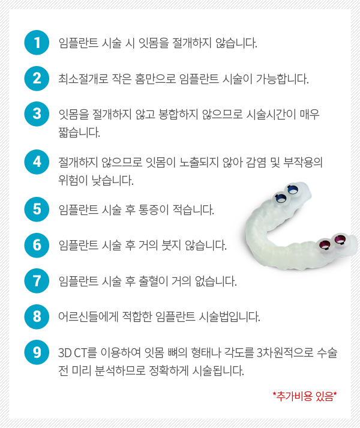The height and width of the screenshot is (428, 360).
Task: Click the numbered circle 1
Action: pyautogui.click(x=37, y=43)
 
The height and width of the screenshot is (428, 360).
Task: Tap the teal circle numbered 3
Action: pyautogui.click(x=37, y=114)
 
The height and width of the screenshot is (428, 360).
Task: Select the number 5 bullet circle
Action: pyautogui.click(x=37, y=209)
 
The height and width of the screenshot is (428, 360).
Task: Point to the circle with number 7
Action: pyautogui.click(x=37, y=281)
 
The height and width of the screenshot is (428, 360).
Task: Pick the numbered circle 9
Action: pyautogui.click(x=37, y=352)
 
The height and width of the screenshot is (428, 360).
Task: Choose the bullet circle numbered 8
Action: pyautogui.click(x=37, y=316)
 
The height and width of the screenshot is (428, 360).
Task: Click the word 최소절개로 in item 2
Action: pyautogui.click(x=83, y=79)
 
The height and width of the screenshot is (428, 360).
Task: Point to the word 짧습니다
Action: pyautogui.click(x=79, y=132)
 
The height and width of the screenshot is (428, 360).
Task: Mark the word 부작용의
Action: pyautogui.click(x=303, y=162)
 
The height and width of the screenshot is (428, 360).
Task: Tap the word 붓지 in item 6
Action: pyautogui.click(x=171, y=245)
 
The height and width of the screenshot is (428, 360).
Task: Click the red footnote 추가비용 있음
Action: pyautogui.click(x=305, y=396)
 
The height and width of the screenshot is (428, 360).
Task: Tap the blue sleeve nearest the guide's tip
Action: pyautogui.click(x=293, y=190)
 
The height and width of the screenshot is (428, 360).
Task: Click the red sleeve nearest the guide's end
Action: pyautogui.click(x=340, y=240)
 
